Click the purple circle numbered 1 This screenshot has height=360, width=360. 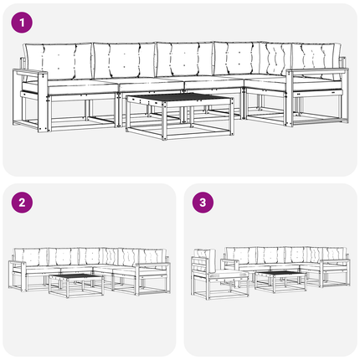(22, 23)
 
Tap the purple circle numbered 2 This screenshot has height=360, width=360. (22, 203)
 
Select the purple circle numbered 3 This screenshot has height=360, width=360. (203, 203)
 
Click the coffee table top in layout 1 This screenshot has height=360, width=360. (179, 98)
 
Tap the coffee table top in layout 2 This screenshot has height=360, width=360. (76, 276)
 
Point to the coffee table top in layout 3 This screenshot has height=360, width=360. (280, 273)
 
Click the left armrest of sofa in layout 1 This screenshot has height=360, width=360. (30, 73)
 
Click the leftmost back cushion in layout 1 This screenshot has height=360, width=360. (59, 61)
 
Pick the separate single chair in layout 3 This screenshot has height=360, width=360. (219, 275)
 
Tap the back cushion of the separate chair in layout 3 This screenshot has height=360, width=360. (203, 261)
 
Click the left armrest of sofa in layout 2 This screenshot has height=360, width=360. (18, 264)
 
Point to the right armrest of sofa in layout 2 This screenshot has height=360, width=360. (153, 265)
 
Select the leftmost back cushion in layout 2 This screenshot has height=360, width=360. (31, 257)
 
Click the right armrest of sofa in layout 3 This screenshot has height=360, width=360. (335, 261)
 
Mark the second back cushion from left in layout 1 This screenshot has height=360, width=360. (125, 60)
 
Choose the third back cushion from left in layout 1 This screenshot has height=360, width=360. (185, 59)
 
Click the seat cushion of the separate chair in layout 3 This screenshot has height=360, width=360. (229, 274)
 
